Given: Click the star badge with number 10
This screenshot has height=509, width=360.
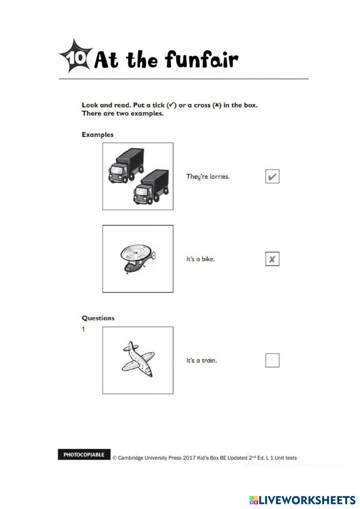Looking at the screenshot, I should [x=75, y=57].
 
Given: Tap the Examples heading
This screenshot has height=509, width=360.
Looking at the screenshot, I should [x=98, y=135].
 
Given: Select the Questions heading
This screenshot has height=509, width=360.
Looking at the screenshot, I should [x=98, y=318].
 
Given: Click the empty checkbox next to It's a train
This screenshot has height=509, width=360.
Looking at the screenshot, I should [x=272, y=360].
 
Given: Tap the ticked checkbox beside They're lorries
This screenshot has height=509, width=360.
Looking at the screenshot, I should [x=272, y=176].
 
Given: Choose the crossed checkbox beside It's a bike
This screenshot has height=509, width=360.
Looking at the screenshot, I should [x=272, y=259].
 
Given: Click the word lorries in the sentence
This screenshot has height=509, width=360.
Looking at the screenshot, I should [x=219, y=177].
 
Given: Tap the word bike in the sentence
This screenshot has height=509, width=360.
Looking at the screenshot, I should [x=208, y=259].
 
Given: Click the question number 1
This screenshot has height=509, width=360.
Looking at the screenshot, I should [x=84, y=329].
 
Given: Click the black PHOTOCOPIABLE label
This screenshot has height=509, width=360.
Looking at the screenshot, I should [x=84, y=455].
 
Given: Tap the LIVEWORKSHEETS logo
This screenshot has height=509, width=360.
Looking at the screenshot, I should [x=302, y=500].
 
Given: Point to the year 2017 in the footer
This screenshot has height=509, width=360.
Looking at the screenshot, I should [x=189, y=458].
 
